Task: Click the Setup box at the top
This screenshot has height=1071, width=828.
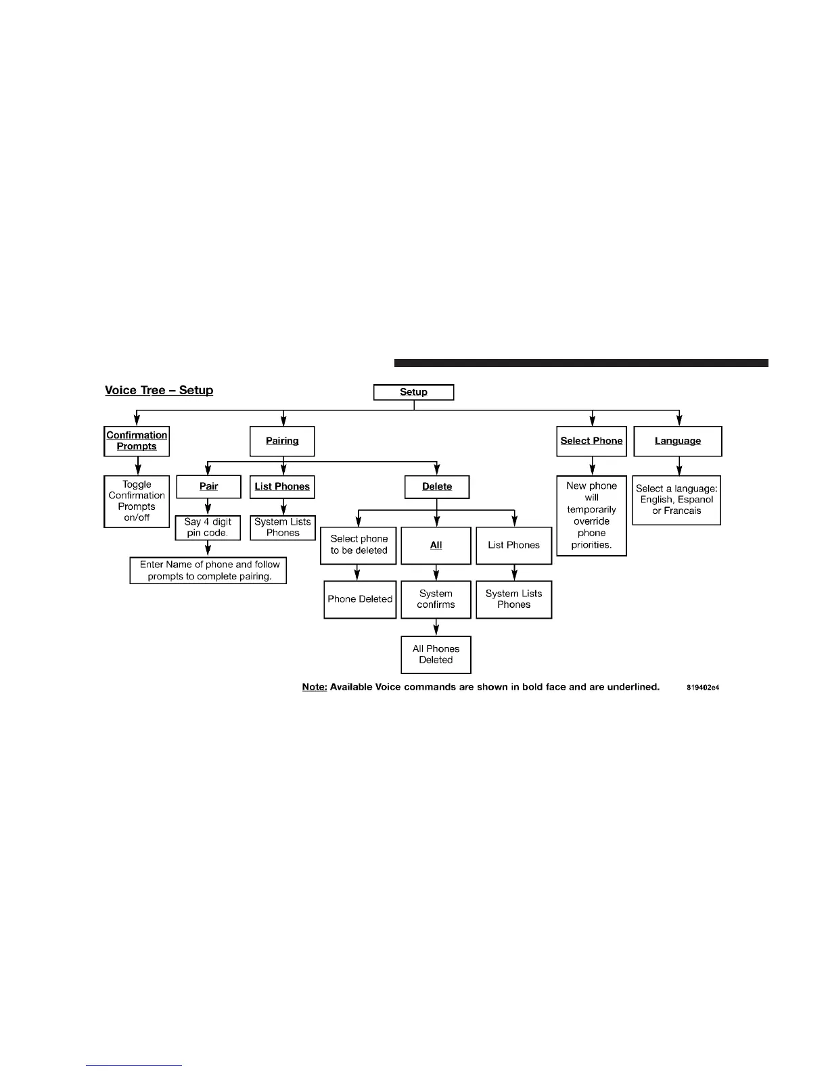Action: coord(413,392)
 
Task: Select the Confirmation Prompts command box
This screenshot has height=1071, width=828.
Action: coord(137,441)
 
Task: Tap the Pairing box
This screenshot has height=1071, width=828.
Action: coord(282,441)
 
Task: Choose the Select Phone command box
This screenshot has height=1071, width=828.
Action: coord(591,441)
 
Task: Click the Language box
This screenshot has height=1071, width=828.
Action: coord(678,441)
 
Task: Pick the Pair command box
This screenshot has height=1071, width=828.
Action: coord(208,487)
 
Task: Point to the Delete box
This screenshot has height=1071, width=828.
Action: coord(437,487)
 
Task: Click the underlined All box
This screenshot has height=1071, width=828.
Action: coord(436,545)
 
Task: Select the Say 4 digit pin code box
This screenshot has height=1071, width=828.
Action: coord(208,527)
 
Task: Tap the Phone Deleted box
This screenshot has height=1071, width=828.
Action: coord(360,599)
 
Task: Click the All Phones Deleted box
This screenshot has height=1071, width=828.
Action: coord(436,654)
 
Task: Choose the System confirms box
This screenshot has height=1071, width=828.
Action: coord(436,599)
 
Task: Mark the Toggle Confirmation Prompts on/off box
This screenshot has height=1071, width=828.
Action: coord(137,501)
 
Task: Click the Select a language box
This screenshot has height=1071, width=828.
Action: coord(676,500)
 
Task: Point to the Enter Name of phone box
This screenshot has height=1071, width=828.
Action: coord(208,570)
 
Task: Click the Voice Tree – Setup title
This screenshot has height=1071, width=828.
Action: coord(159,390)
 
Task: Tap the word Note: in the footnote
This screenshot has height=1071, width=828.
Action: coord(315,687)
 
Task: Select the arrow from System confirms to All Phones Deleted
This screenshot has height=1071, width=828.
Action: coord(436,627)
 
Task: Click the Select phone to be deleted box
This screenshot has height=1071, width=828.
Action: coord(359,545)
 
